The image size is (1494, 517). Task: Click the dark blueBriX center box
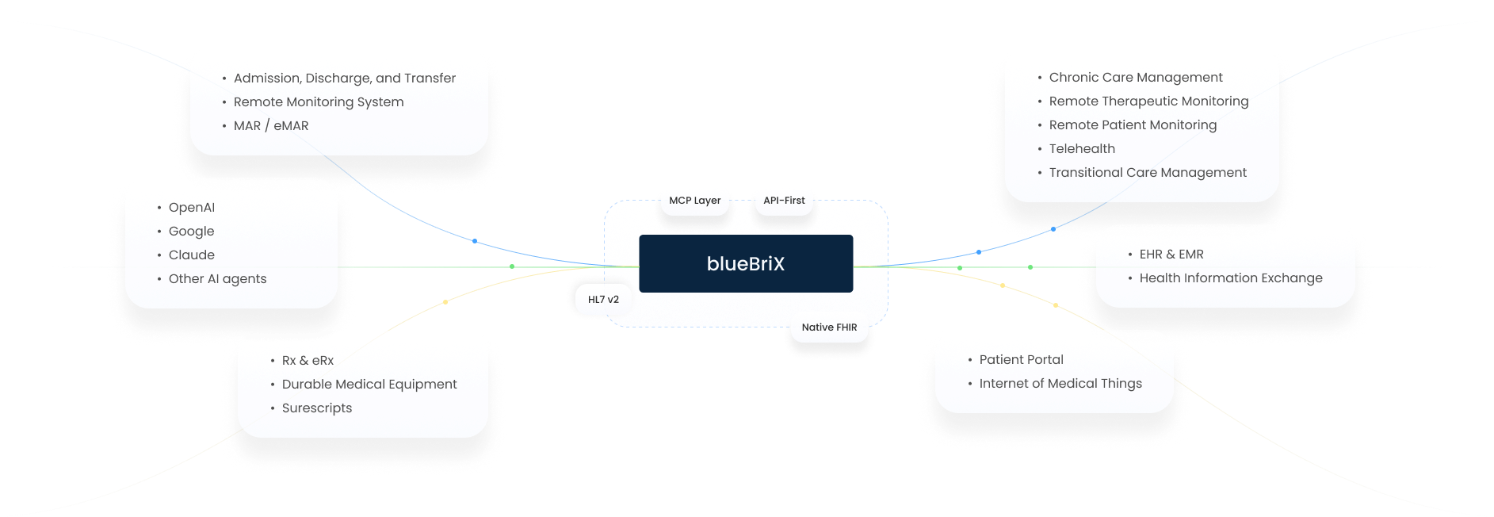746,264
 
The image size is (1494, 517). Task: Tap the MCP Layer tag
695,201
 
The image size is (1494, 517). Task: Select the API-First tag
784,201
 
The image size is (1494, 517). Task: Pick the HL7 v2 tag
603,300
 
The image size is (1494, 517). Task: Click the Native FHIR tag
829,327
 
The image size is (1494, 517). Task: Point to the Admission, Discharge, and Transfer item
344,79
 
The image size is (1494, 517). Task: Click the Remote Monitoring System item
319,102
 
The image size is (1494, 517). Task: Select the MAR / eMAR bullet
271,126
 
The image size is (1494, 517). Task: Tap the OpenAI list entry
192,208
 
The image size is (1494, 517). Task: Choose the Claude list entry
192,255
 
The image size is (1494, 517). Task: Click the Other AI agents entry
217,279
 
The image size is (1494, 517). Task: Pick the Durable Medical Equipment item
369,385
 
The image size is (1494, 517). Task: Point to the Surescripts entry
317,408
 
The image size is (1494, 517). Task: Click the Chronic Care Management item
1136,78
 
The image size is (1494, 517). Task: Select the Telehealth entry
1082,149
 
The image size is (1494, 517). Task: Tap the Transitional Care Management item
1148,173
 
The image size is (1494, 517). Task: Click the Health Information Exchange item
1231,278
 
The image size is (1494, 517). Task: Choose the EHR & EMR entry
1171,255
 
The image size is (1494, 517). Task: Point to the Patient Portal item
1022,360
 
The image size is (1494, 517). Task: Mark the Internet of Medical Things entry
1060,384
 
